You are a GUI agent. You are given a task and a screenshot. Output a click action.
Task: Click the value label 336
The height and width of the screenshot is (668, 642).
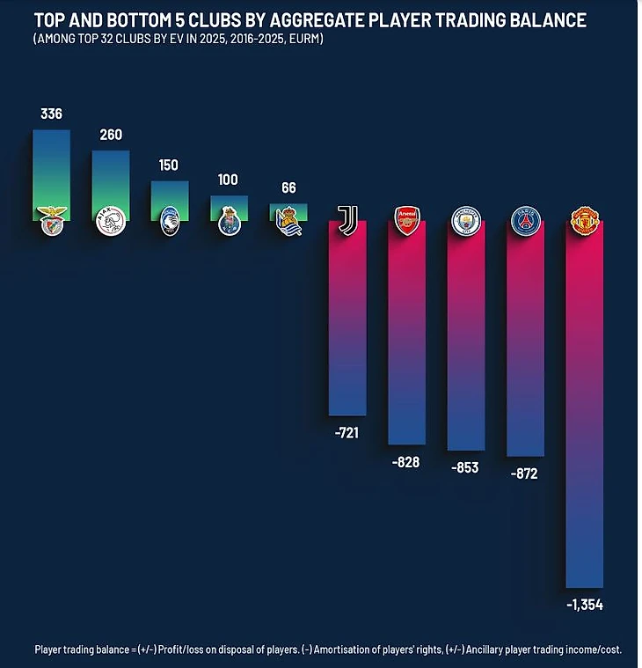pyautogui.click(x=51, y=114)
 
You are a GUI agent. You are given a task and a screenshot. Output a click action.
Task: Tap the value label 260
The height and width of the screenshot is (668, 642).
pyautogui.click(x=111, y=135)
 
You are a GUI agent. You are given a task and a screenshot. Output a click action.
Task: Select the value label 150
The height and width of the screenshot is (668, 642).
pyautogui.click(x=170, y=165)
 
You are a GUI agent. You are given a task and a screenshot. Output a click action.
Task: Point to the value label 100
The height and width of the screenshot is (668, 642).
pyautogui.click(x=229, y=180)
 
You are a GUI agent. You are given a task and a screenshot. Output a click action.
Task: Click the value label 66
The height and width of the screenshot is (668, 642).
pyautogui.click(x=288, y=187)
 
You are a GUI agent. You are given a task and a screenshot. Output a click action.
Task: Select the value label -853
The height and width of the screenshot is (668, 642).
pyautogui.click(x=466, y=467)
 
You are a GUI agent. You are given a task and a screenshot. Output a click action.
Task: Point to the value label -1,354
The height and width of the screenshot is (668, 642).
pyautogui.click(x=584, y=605)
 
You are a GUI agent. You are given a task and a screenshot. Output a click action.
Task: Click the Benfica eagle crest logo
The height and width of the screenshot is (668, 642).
pyautogui.click(x=52, y=219)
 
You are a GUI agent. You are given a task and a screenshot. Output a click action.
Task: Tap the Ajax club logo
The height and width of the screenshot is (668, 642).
pyautogui.click(x=111, y=220)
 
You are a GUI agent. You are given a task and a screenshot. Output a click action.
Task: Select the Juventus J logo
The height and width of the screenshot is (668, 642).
pyautogui.click(x=347, y=219)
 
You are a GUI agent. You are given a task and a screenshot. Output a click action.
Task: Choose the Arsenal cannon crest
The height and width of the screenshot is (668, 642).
pyautogui.click(x=407, y=219)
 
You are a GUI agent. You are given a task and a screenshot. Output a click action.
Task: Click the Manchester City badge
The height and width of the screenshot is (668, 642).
pyautogui.click(x=466, y=220)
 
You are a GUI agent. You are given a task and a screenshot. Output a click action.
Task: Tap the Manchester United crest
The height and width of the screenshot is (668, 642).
pyautogui.click(x=585, y=220)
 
